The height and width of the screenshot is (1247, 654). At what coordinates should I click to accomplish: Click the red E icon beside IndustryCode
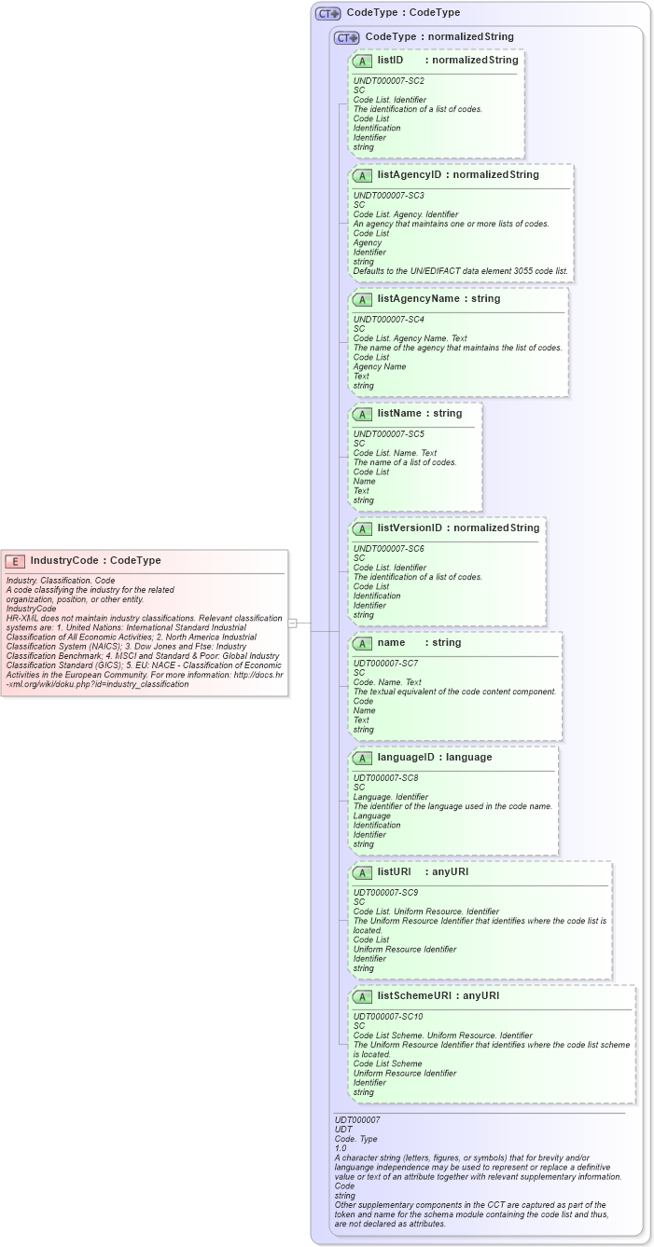point(15,561)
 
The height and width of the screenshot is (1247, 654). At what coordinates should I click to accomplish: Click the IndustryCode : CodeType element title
point(95,561)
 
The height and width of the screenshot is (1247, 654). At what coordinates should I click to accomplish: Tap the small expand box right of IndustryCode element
point(292,623)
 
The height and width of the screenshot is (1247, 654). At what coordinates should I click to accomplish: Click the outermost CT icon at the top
point(328,14)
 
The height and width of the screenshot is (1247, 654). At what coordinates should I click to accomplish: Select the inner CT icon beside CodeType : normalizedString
point(347,38)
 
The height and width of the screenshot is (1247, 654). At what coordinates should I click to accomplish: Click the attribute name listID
point(390,61)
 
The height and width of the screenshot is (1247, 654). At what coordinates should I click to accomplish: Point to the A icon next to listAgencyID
point(363,175)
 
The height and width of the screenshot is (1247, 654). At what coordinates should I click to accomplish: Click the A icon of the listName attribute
point(363,414)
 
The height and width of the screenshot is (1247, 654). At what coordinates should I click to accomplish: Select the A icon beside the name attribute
point(363,643)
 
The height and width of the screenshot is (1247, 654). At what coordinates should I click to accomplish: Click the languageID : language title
point(434,758)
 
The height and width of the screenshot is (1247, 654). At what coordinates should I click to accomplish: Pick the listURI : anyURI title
point(423,872)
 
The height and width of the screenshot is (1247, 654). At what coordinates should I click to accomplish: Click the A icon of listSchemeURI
point(363,996)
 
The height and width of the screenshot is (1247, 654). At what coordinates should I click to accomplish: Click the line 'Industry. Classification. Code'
point(61,581)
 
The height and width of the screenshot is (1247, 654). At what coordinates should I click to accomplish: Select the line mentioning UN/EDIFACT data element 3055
point(460,271)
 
